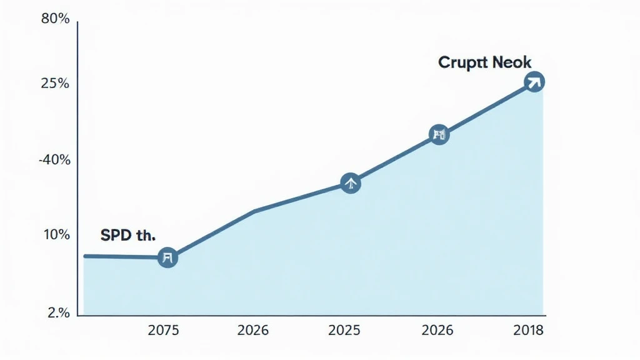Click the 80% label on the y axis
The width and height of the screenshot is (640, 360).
point(55,19)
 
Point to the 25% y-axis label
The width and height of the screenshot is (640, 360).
point(55,84)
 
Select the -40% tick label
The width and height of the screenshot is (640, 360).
point(54,160)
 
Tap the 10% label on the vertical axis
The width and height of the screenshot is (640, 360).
point(56,235)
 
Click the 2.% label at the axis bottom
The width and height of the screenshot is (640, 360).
point(58,314)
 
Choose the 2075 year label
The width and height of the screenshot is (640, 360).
point(163,331)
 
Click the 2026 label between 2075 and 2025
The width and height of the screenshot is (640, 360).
point(254,331)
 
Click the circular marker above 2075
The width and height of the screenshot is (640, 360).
point(167,257)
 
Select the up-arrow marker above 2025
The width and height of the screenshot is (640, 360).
point(351,183)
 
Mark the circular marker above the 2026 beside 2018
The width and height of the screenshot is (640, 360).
point(439,134)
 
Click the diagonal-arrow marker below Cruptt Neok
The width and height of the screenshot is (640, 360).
point(534,81)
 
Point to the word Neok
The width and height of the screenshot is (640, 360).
point(512,62)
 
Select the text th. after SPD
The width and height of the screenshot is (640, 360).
point(146,236)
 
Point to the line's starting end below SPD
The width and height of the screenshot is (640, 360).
point(86,256)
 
